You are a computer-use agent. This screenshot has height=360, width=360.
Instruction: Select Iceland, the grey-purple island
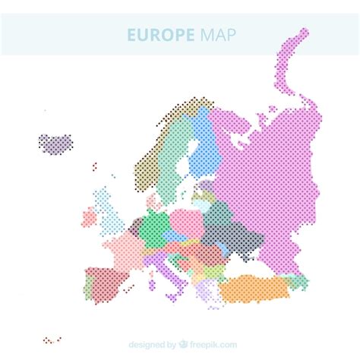click(x=55, y=142)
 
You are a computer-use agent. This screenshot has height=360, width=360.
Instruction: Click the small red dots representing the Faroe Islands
click(x=94, y=166)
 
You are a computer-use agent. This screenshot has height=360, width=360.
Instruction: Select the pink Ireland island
click(x=90, y=218)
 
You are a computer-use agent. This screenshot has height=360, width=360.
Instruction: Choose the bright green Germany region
click(x=156, y=225)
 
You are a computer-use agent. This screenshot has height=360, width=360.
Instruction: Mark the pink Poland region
click(x=185, y=221)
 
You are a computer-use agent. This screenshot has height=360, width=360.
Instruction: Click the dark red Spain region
click(x=103, y=281)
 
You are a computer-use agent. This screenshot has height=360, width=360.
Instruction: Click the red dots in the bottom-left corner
click(x=52, y=339)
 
